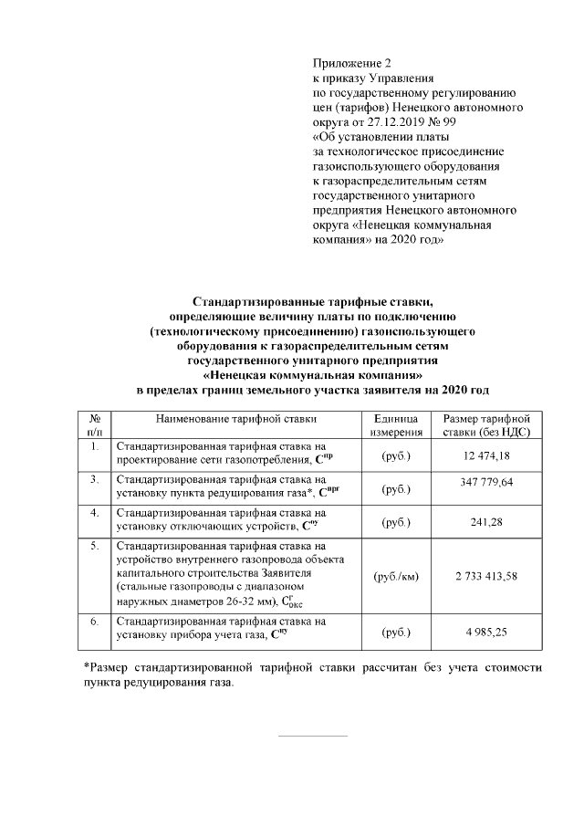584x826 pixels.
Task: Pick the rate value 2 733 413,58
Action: click(499, 577)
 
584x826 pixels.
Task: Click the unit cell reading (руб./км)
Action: click(396, 577)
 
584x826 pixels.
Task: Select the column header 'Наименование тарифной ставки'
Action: click(235, 419)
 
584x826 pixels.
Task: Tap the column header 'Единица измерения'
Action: click(396, 426)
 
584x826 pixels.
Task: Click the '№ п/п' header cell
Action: click(95, 426)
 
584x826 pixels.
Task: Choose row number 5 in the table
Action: click(95, 546)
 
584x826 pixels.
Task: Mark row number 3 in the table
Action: click(95, 478)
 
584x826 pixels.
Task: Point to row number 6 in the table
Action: click(95, 621)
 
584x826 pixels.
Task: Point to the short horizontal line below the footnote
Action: click(312, 736)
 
